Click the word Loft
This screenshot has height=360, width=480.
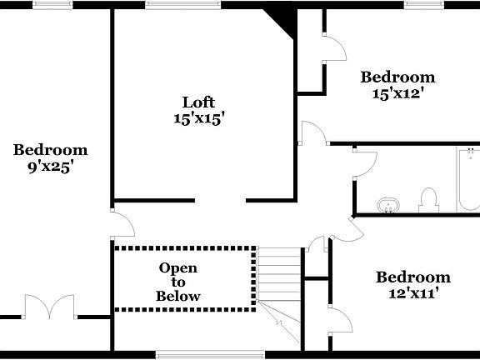[198, 102]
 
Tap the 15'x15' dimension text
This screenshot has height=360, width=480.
[198, 119]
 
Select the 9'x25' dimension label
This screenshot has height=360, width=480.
[50, 167]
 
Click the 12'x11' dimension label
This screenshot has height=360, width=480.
[412, 293]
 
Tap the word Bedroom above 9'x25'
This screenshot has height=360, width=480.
[50, 150]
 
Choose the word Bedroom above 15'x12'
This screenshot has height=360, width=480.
[397, 77]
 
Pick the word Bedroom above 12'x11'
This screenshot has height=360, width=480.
[412, 277]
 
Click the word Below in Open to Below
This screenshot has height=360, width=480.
[178, 296]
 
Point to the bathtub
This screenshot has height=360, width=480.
[467, 179]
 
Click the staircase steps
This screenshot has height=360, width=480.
[278, 275]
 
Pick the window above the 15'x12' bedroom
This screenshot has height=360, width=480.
[422, 4]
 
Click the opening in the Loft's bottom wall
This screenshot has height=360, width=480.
[220, 200]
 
